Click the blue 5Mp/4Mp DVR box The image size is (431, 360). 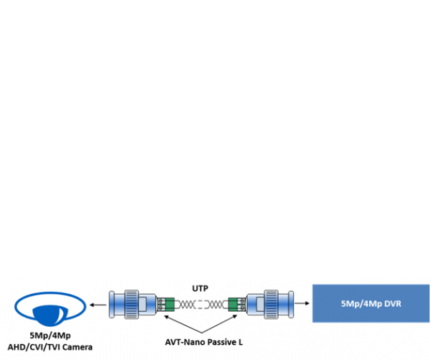(371, 303)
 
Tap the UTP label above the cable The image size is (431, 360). (200, 288)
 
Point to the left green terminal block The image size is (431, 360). (167, 304)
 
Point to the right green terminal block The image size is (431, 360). (233, 304)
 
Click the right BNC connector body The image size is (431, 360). (269, 304)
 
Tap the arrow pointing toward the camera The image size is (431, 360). (98, 304)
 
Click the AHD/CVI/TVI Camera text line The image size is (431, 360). (50, 347)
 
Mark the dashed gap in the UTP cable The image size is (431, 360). (200, 304)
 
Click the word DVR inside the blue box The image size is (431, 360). (391, 303)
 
